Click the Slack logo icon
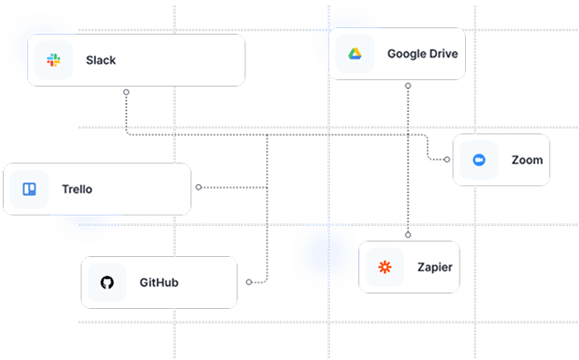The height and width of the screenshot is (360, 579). coord(54,61)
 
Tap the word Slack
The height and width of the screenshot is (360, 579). coord(101,61)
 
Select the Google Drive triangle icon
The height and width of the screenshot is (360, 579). coord(355,54)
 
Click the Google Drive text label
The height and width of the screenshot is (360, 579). coord(422,54)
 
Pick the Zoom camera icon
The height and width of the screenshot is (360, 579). coord(479,160)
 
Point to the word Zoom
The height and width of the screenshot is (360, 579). coord(527,160)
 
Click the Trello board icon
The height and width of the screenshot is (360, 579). coord(29,190)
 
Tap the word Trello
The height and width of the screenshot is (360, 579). coord(77,190)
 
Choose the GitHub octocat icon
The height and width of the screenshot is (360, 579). coord(107,283)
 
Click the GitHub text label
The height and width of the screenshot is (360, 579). coord(159,283)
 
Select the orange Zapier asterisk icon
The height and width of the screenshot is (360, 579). coord(385,267)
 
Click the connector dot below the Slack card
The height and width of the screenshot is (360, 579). coord(126,92)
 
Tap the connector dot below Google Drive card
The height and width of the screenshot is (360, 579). coord(408,86)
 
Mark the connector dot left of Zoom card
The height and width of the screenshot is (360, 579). coord(447,159)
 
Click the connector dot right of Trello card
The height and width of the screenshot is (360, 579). coord(198,187)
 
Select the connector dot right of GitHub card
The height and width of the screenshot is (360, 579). coord(248,283)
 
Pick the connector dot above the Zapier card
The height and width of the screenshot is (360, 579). coord(408,235)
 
